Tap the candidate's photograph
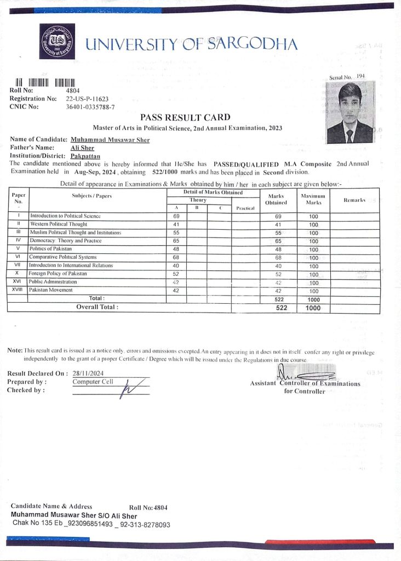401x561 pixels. (x=351, y=112)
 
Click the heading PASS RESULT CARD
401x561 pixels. (x=185, y=117)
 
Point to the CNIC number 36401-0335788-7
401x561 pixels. (x=90, y=107)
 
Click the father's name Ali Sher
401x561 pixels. (x=82, y=148)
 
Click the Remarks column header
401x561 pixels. (x=354, y=200)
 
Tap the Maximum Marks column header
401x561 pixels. (x=313, y=199)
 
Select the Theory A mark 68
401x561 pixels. (x=176, y=257)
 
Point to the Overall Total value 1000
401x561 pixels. (x=313, y=308)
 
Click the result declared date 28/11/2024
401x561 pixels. (x=88, y=373)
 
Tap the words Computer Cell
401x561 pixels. (x=93, y=381)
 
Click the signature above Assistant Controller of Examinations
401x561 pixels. (x=304, y=376)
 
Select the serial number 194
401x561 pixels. (x=360, y=76)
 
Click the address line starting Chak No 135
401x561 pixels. (x=91, y=524)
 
